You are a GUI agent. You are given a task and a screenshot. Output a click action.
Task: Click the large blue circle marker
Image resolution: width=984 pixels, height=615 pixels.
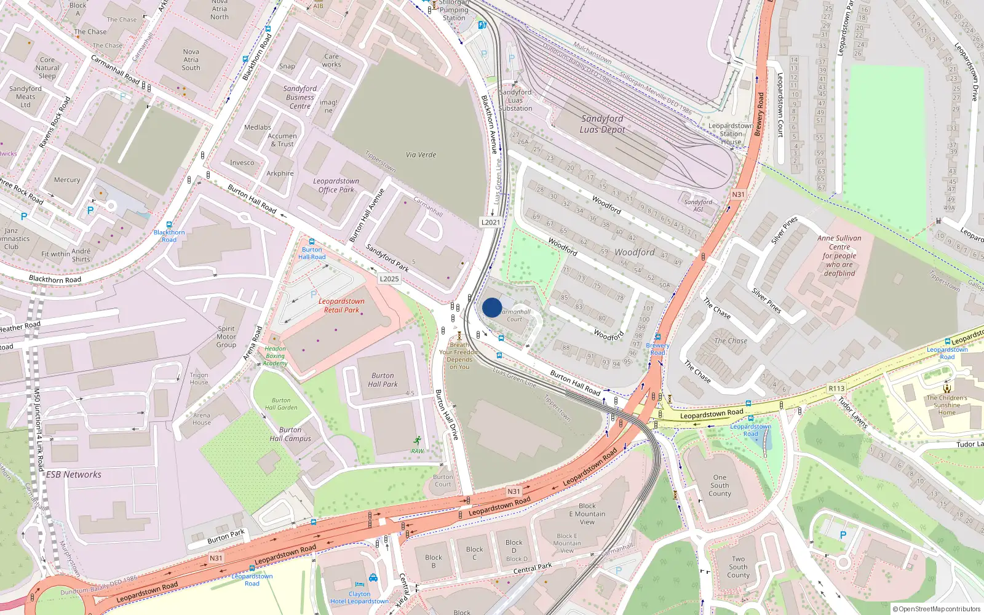492,307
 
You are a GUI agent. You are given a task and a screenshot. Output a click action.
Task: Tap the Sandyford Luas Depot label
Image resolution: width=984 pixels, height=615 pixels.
602,124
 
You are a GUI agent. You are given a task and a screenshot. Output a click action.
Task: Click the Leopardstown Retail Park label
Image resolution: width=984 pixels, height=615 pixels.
341,306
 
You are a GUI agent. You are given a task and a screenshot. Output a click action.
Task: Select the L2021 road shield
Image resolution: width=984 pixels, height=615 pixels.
490,222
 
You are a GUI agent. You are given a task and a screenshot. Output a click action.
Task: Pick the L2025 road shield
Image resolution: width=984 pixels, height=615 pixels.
389,279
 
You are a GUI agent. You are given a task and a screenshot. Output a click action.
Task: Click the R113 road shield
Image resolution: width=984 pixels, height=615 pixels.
836,388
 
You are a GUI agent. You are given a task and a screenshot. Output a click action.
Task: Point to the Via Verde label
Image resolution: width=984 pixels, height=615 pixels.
421,155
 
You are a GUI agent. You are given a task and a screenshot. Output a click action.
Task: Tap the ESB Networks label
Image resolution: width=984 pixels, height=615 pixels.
74,475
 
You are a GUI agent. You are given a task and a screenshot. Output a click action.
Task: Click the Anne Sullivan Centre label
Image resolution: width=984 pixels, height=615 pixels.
839,255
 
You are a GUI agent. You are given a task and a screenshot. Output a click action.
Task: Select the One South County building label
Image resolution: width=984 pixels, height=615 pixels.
720,485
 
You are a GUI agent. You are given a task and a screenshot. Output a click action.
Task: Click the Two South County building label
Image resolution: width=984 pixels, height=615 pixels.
738,567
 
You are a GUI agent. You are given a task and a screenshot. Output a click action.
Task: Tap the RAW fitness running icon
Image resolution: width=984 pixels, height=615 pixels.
418,440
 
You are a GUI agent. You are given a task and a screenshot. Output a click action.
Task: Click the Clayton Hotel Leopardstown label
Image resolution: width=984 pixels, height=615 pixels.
359,598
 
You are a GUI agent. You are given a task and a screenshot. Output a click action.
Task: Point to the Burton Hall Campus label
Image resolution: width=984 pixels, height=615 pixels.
290,434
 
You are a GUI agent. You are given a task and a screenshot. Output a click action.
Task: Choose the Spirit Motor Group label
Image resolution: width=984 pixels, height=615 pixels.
226,336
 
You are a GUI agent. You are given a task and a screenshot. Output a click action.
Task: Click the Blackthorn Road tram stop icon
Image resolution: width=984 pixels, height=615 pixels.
169,225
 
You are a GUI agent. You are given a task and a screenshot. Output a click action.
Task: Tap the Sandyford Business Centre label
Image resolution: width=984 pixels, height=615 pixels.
300,97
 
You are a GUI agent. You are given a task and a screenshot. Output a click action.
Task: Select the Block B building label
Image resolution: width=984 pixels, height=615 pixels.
434,561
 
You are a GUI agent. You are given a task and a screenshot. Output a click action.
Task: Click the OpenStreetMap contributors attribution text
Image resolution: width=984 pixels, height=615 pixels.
936,609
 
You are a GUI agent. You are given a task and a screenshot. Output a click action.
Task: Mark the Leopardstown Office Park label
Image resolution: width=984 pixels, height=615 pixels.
336,185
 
